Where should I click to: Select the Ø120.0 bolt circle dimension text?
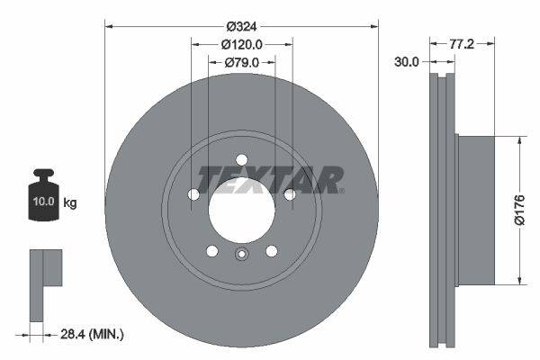[x=241, y=43]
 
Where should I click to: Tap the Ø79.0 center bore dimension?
[x=241, y=62]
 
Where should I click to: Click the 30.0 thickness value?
[x=408, y=62]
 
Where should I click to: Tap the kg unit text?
[x=70, y=202]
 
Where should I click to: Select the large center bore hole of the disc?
[x=241, y=212]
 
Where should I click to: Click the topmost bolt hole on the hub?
[x=241, y=160]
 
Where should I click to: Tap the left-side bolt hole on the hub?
[x=193, y=195]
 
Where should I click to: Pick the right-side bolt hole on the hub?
[x=290, y=194]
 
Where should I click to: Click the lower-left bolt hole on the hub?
[x=211, y=251]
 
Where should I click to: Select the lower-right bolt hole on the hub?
[x=271, y=251]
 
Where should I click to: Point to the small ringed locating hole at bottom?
[x=241, y=254]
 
